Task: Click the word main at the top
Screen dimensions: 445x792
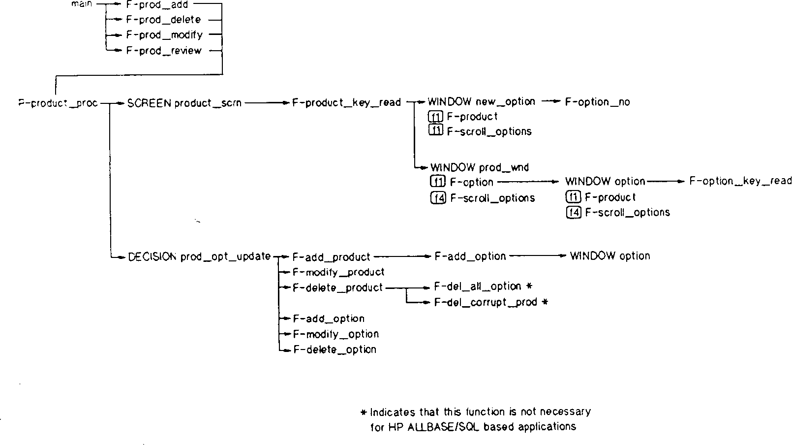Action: [x=82, y=4]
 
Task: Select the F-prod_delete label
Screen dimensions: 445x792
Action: [x=163, y=20]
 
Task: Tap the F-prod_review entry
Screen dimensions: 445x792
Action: [x=164, y=51]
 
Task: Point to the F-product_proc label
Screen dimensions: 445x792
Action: [x=58, y=104]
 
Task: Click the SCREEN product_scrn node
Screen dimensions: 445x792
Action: [x=184, y=103]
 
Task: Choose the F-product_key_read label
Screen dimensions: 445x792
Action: [x=346, y=103]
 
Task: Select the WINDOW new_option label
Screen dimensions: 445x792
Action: [x=481, y=102]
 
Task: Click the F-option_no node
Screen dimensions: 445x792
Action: [x=597, y=102]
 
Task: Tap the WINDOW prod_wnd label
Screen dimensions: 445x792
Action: [x=479, y=167]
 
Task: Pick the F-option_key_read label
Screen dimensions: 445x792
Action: [x=740, y=181]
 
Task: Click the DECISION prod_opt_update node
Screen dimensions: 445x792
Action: [x=199, y=256]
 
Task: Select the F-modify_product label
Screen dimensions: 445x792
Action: [x=338, y=272]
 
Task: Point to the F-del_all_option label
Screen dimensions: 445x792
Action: [x=478, y=286]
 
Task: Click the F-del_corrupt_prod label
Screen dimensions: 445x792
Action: [x=486, y=302]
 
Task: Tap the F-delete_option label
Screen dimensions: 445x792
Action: [x=335, y=350]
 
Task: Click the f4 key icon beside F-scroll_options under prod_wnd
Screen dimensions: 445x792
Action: [x=437, y=198]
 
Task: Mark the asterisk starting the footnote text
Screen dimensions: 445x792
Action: [x=364, y=413]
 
